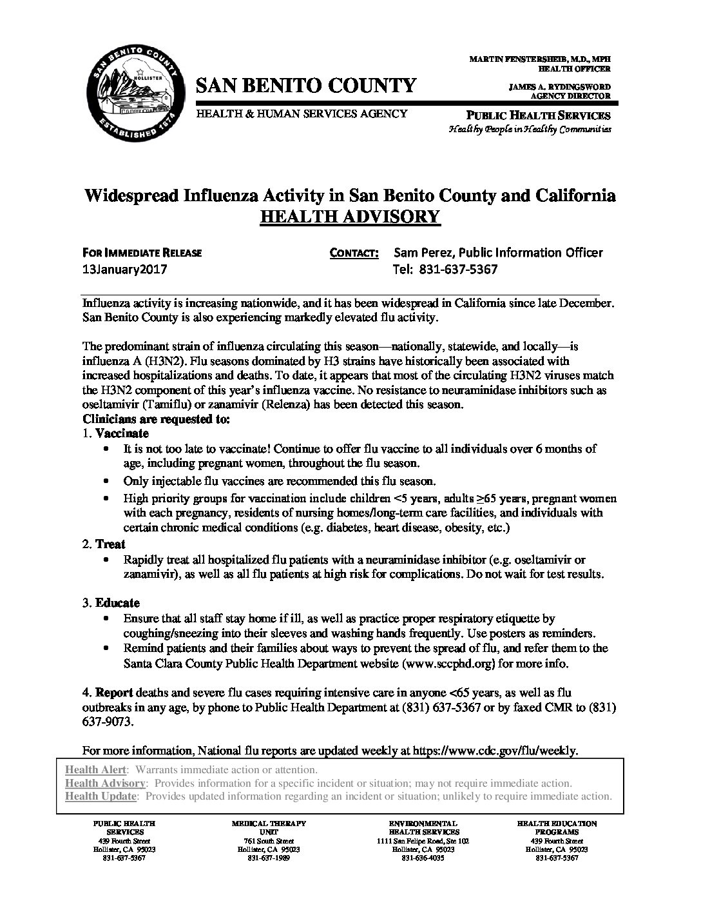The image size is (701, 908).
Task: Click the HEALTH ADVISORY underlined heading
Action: tap(350, 216)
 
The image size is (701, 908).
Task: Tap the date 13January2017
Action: tap(125, 270)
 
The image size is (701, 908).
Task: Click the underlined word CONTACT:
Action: tap(354, 253)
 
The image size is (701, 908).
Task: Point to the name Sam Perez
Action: tap(421, 253)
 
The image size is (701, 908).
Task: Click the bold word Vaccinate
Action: tap(122, 433)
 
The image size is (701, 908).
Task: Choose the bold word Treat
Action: tap(110, 544)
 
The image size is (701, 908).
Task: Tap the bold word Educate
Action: tap(117, 603)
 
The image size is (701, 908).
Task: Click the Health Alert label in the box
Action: tap(97, 770)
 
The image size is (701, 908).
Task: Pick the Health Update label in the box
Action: tap(101, 796)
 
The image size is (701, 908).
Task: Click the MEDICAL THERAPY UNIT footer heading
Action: tap(268, 827)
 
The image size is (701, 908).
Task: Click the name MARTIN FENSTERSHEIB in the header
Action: tap(517, 59)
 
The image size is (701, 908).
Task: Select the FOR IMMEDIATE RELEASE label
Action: tap(142, 253)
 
